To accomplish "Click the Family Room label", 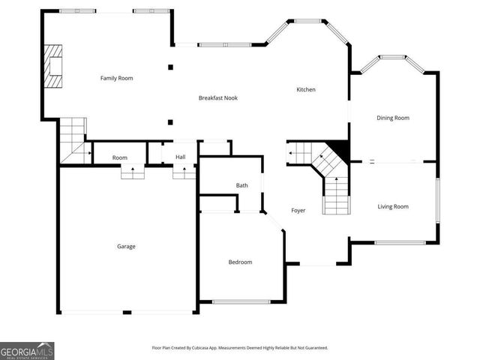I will pyautogui.click(x=116, y=78).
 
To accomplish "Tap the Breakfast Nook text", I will pyautogui.click(x=218, y=98).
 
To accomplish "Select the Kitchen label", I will pyautogui.click(x=306, y=90).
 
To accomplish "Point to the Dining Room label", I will pyautogui.click(x=393, y=118).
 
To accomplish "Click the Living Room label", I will pyautogui.click(x=393, y=206).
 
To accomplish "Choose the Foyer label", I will pyautogui.click(x=298, y=211).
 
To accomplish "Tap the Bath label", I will pyautogui.click(x=242, y=185).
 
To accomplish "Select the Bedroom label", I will pyautogui.click(x=240, y=262).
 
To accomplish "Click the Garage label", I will pyautogui.click(x=126, y=246).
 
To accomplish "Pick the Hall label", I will pyautogui.click(x=181, y=157).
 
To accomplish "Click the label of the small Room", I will pyautogui.click(x=120, y=157).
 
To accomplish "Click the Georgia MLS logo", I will pyautogui.click(x=27, y=350).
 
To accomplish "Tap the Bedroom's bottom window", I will pyautogui.click(x=241, y=301).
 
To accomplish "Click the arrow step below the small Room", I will pyautogui.click(x=133, y=172).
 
